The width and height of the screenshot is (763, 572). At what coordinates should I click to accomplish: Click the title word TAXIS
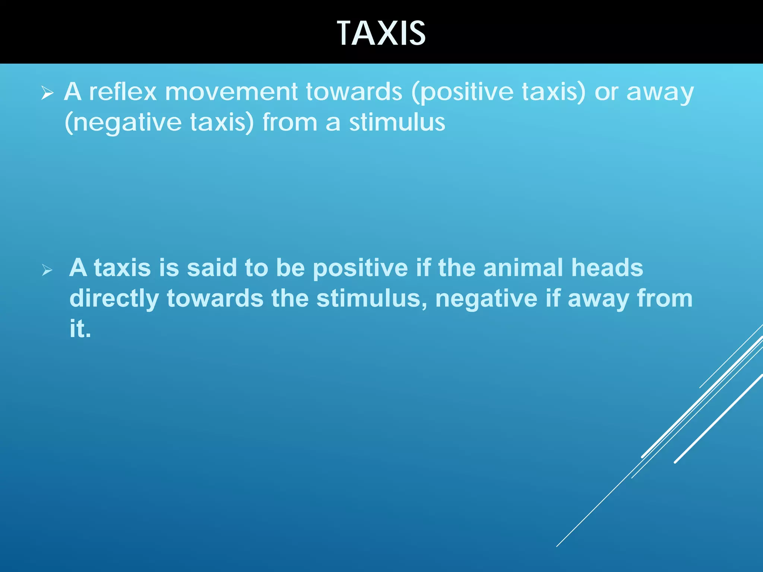coord(381,34)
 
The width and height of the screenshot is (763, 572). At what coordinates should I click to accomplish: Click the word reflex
coord(123,92)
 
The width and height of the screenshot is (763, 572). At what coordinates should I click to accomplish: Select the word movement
coord(231,92)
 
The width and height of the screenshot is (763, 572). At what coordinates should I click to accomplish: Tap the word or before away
coord(606,92)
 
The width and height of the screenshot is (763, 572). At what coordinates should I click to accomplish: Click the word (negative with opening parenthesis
coord(123,123)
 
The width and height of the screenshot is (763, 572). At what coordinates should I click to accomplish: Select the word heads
coord(607,268)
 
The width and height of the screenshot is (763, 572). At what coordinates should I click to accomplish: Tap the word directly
coord(114,299)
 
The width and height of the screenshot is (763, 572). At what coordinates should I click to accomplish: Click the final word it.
coord(80,329)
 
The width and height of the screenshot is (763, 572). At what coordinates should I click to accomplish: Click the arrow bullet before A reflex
coord(47,93)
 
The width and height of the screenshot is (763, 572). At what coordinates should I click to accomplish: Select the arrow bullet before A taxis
coord(47,270)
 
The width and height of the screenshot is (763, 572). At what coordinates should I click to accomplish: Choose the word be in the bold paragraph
coord(290,268)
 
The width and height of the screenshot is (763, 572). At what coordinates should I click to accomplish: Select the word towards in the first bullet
coord(354,92)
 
